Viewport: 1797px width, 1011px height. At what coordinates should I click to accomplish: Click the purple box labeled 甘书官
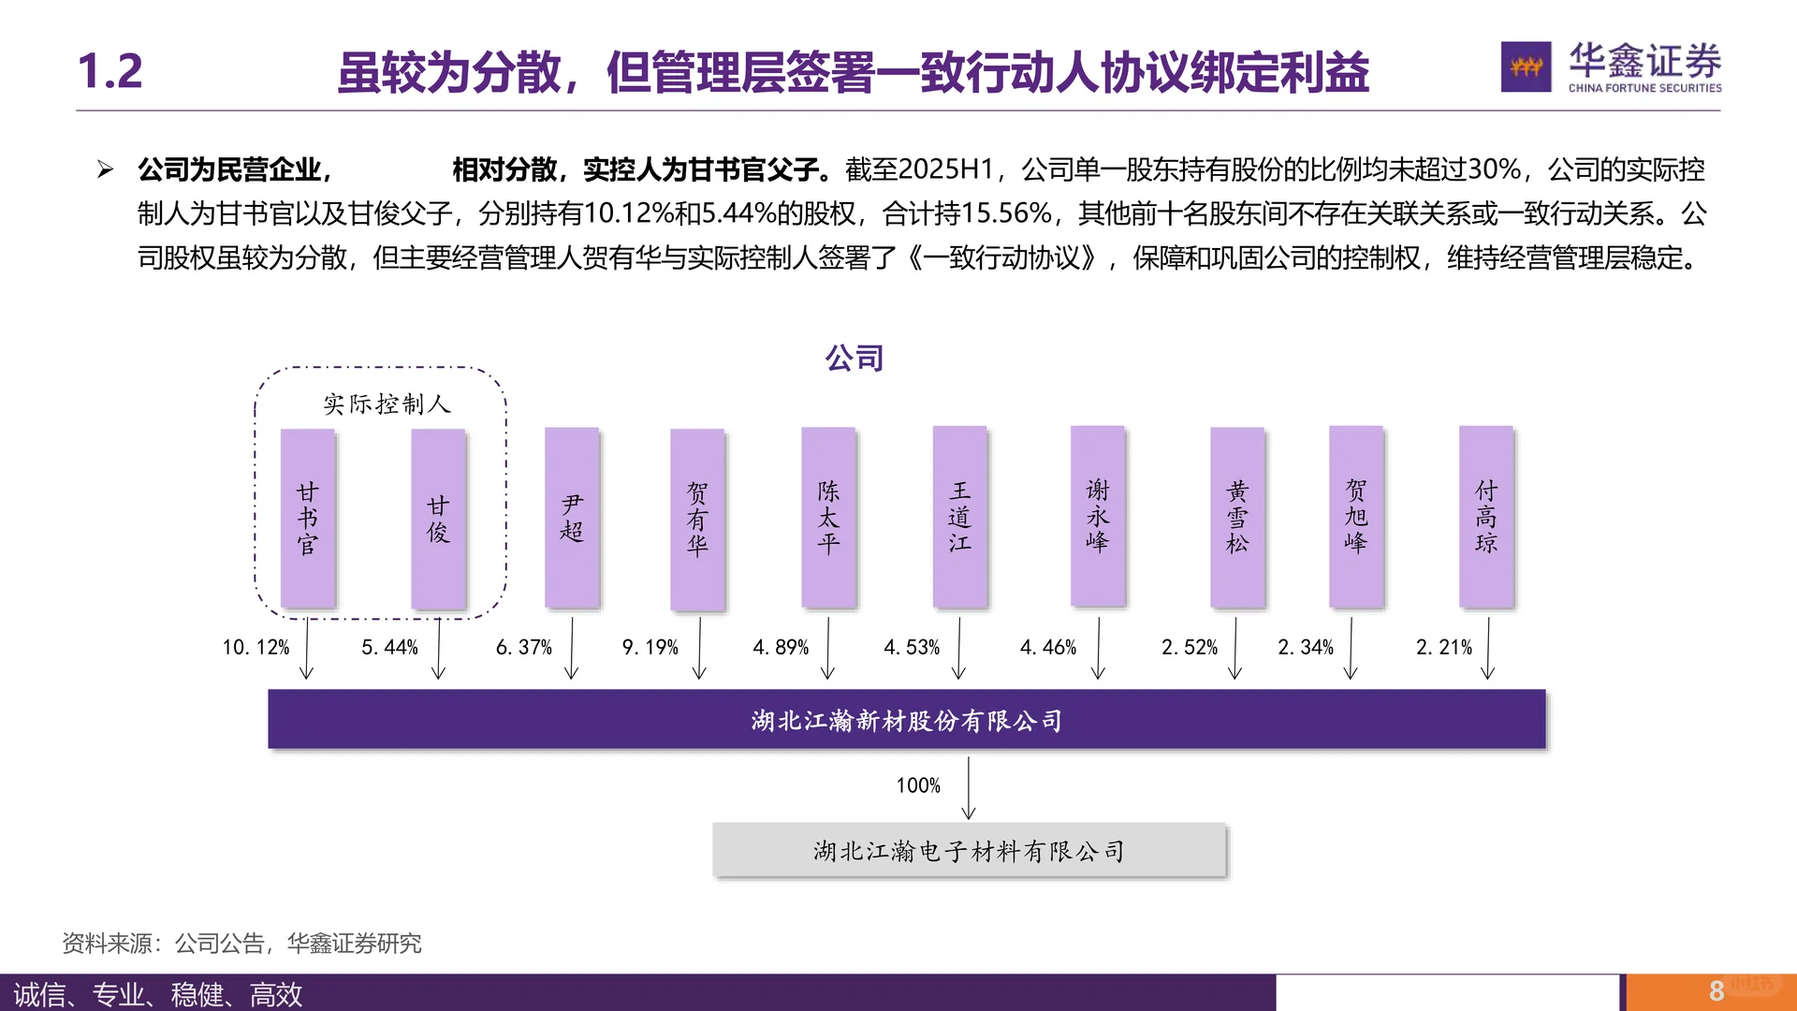308,518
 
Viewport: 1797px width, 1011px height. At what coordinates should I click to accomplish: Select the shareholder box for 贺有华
697,519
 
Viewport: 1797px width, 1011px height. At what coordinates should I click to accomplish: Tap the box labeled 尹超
572,518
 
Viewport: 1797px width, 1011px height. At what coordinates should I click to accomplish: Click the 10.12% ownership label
256,647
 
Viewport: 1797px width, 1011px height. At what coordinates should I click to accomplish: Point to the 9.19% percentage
650,647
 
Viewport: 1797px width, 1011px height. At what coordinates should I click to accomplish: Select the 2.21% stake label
1444,647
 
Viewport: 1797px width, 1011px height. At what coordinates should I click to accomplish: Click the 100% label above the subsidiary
918,785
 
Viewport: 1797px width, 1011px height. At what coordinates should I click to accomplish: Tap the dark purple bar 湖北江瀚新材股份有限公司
906,720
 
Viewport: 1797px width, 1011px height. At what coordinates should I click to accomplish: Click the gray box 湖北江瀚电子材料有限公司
969,851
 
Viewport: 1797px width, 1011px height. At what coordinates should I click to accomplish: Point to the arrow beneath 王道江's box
958,647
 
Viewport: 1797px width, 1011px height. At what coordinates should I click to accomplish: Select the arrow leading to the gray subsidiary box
969,788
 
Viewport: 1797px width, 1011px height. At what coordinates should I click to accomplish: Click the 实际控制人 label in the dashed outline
387,404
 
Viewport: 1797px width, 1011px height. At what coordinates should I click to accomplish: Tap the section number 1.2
110,71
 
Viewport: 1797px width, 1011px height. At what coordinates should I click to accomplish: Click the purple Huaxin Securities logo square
1526,66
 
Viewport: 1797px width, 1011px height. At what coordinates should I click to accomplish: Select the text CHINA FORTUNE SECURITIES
1644,88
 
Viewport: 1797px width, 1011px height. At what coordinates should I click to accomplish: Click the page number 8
1717,990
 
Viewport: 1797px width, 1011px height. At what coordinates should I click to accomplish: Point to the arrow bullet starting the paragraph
105,169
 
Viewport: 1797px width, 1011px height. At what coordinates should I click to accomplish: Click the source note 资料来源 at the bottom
241,944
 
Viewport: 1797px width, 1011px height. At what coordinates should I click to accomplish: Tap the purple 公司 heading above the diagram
854,358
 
